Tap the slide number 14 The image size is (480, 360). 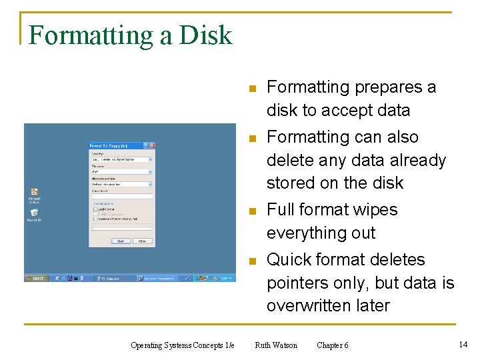pos(463,344)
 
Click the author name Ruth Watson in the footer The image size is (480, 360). pos(276,345)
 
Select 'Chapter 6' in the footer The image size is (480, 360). pos(332,345)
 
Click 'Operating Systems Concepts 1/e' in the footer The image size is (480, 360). pos(183,345)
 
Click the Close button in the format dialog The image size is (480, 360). pos(141,241)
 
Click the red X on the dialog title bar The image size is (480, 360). pos(152,145)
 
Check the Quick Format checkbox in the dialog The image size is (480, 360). pos(95,209)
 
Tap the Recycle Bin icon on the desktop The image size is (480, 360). pos(34,214)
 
